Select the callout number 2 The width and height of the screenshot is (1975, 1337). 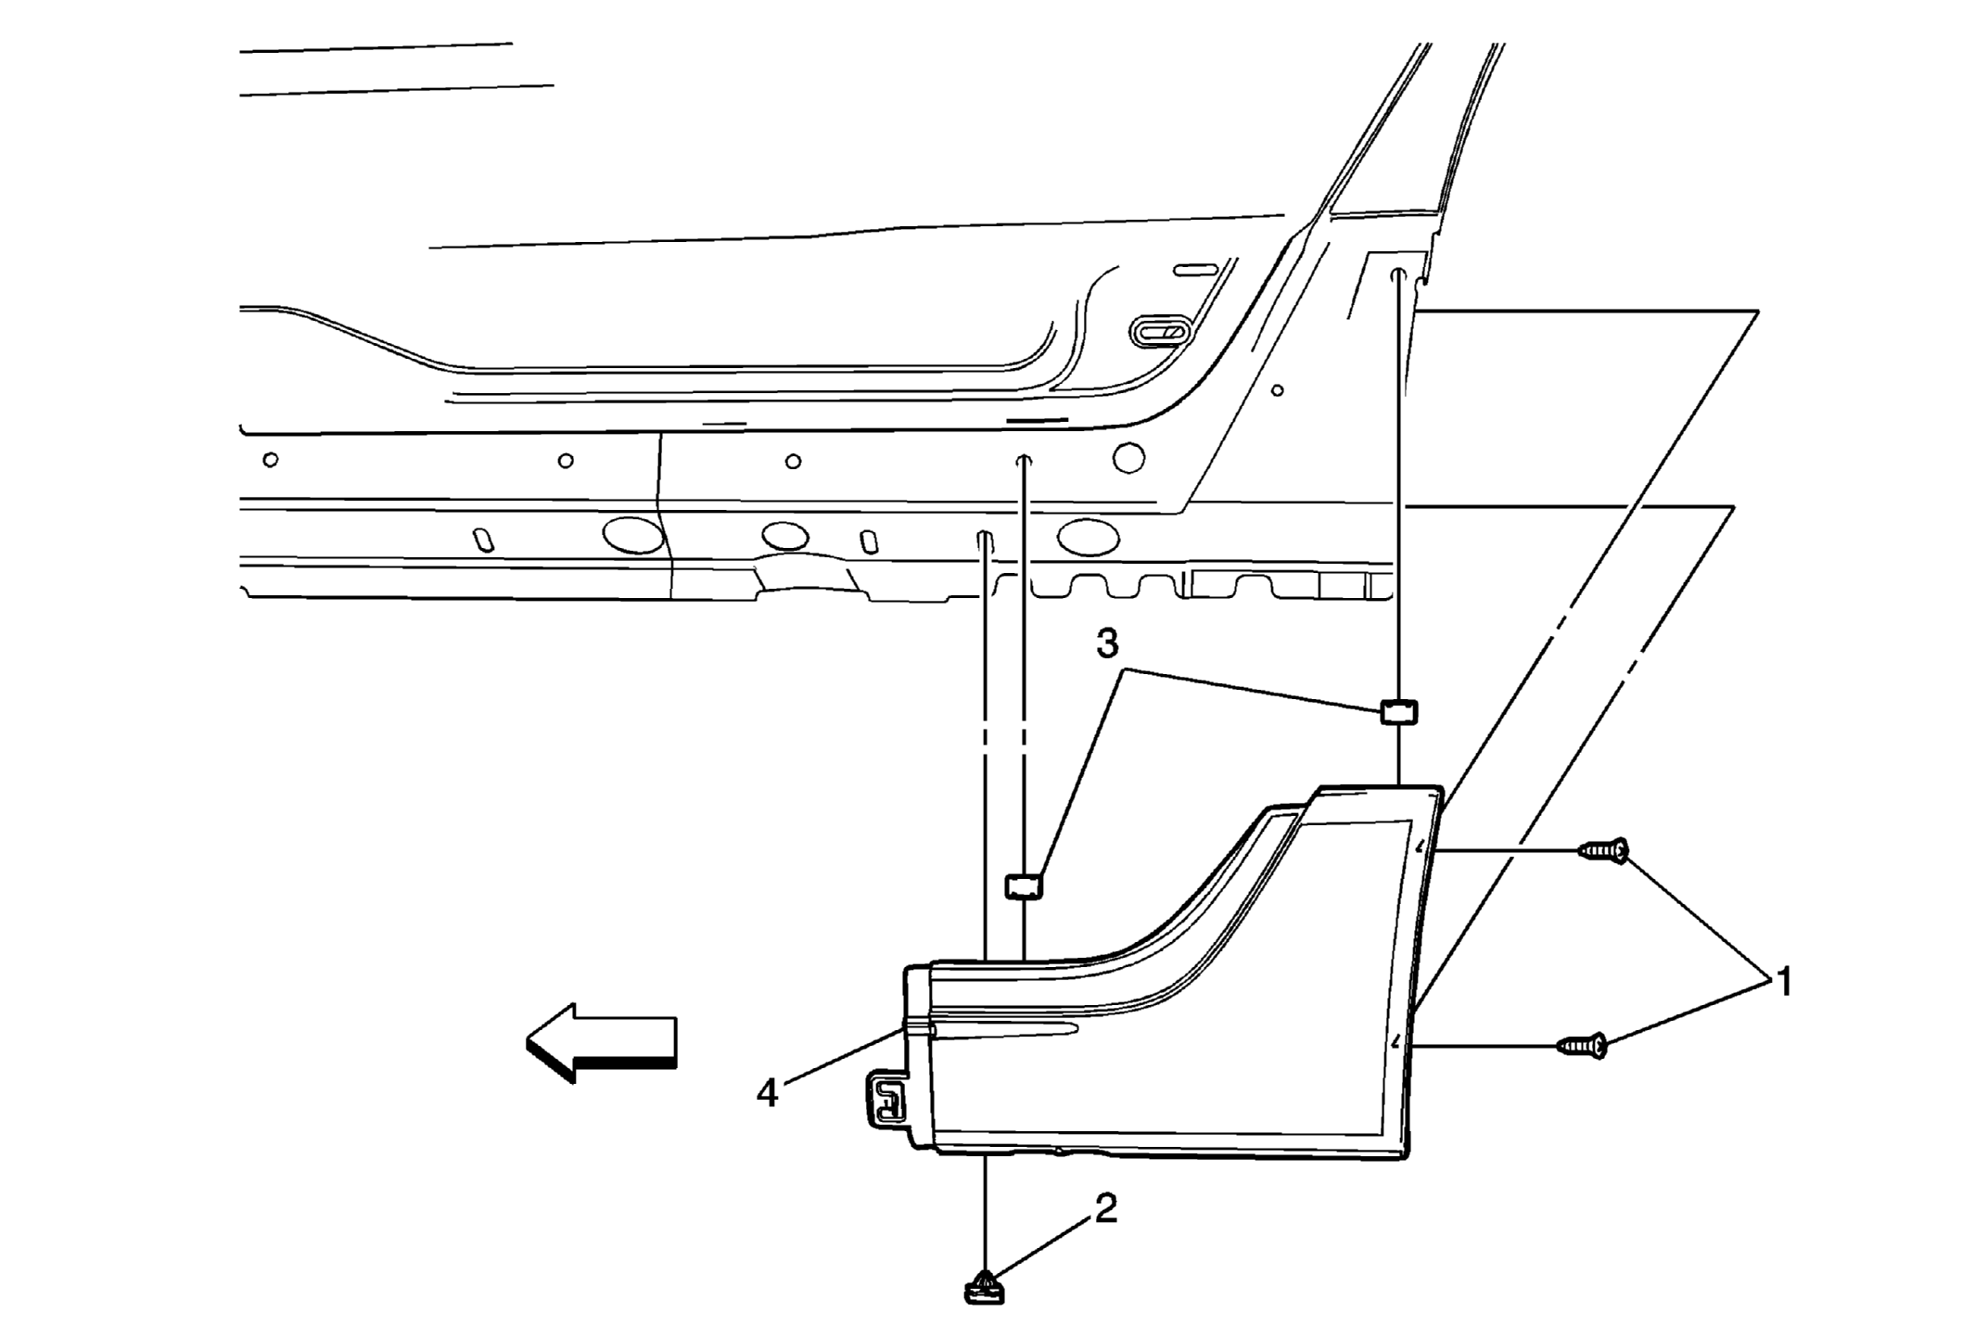point(1105,1208)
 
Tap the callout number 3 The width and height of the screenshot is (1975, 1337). point(1107,642)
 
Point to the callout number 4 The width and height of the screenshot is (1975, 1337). point(767,1093)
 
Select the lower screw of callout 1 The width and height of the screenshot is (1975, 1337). point(1581,1046)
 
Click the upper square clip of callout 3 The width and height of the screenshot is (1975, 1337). point(1399,712)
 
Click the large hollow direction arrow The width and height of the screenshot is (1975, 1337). point(601,1042)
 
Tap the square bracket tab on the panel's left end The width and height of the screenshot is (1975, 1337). point(887,1101)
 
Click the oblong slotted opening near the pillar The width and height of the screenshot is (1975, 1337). point(1159,331)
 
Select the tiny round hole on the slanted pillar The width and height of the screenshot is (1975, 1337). point(1277,390)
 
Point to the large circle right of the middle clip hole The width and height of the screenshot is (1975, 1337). point(1128,457)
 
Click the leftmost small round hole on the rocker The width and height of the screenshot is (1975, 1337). point(271,460)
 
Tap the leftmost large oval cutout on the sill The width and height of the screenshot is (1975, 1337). point(633,535)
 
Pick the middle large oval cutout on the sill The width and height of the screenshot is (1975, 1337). point(784,536)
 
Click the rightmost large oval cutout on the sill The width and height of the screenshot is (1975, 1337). point(1088,535)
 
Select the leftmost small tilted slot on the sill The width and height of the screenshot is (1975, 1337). point(483,540)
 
